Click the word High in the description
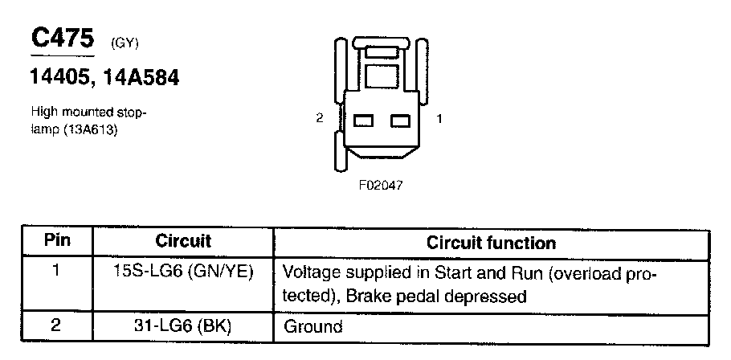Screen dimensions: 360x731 [43, 112]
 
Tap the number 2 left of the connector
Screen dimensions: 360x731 [320, 118]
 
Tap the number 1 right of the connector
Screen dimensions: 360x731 [439, 118]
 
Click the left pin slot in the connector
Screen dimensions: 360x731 [365, 120]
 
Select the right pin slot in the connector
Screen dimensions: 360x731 [400, 120]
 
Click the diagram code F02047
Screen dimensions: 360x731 [381, 184]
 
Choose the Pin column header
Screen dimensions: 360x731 [55, 241]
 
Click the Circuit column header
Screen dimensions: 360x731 [183, 241]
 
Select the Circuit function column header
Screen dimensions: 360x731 [491, 242]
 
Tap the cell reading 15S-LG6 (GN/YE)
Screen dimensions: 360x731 [183, 272]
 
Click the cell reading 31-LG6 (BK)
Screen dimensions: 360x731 [183, 326]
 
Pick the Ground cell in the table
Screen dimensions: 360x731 [313, 327]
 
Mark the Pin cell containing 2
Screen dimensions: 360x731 [55, 326]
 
